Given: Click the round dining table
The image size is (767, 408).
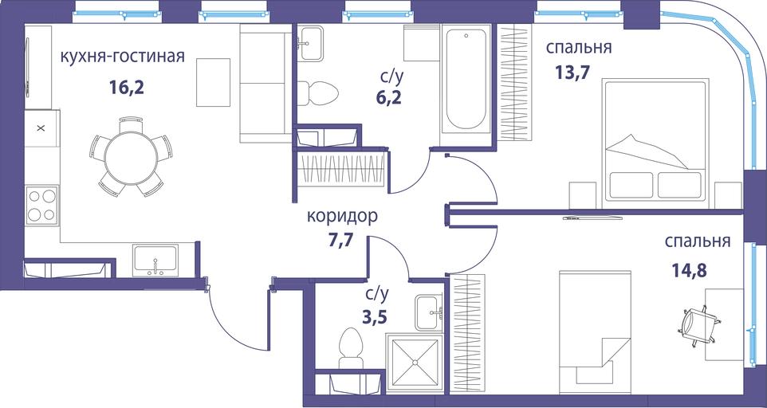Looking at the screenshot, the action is pyautogui.click(x=131, y=156).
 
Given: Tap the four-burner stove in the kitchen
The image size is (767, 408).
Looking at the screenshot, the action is pyautogui.click(x=41, y=206).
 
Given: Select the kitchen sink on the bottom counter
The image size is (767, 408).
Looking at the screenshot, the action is pyautogui.click(x=155, y=261).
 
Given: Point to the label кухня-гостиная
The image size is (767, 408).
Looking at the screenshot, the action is pyautogui.click(x=122, y=57).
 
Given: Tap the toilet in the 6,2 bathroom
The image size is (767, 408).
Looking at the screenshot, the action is pyautogui.click(x=318, y=92).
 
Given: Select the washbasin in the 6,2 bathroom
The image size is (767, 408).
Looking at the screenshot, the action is pyautogui.click(x=311, y=44).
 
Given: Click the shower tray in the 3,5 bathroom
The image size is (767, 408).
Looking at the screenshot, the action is pyautogui.click(x=415, y=362).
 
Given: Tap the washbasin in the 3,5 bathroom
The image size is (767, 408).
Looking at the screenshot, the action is pyautogui.click(x=429, y=312).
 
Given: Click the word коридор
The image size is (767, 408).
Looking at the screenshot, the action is pyautogui.click(x=342, y=216).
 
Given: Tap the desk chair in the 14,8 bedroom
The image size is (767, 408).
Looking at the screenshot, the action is pyautogui.click(x=698, y=326).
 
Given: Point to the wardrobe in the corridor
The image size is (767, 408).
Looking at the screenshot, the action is pyautogui.click(x=341, y=170).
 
